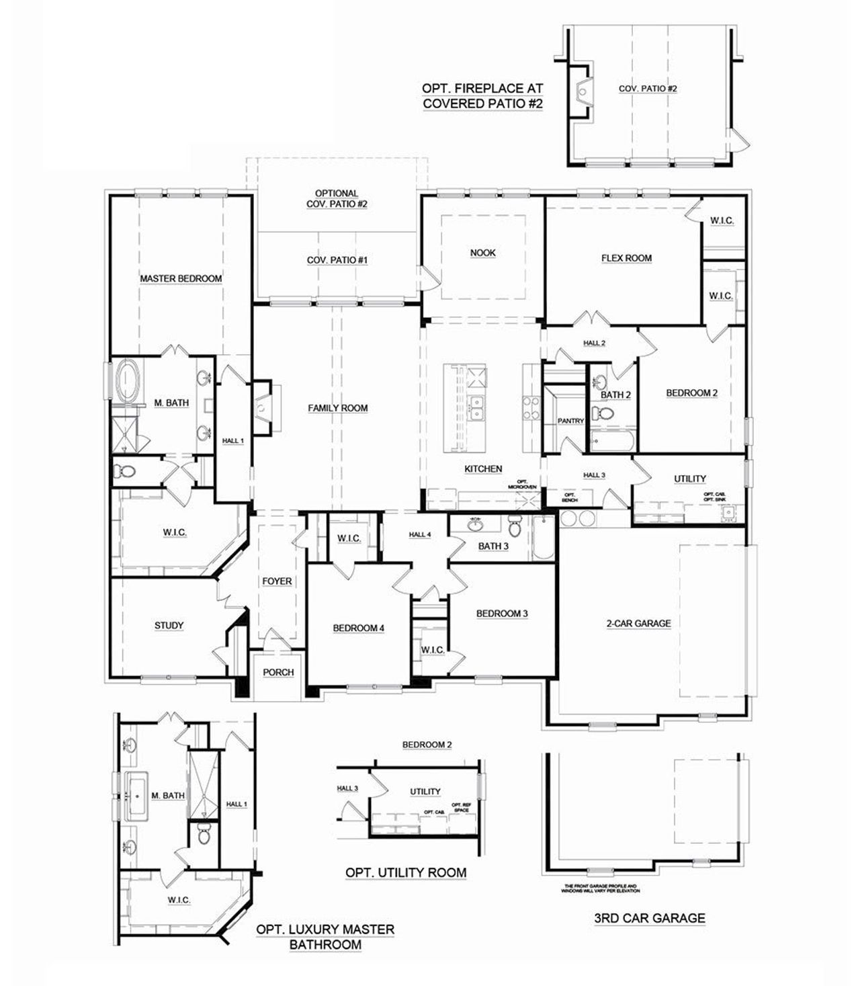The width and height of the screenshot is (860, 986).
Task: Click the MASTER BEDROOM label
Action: pos(181,278)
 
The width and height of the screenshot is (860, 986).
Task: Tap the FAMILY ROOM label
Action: pos(338,408)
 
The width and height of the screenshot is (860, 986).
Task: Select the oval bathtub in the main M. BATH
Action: pos(126,381)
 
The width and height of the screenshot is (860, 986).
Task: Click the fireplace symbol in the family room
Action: pos(262,406)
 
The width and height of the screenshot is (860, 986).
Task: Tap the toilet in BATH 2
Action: pos(603,414)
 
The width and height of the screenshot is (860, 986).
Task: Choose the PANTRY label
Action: pos(570,421)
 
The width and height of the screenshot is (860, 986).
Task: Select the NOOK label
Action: pos(482,253)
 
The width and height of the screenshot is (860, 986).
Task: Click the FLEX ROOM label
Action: pos(626,258)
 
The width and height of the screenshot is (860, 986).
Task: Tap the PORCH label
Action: pos(278,672)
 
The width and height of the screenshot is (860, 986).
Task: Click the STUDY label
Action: pos(169,626)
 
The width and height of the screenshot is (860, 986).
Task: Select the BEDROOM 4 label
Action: pos(359,628)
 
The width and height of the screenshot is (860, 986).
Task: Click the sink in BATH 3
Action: pos(476,524)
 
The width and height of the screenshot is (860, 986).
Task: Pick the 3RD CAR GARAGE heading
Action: pos(650,917)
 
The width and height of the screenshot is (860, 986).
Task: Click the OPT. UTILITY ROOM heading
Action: pos(406,872)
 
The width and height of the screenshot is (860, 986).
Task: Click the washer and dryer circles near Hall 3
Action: pos(578,518)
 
